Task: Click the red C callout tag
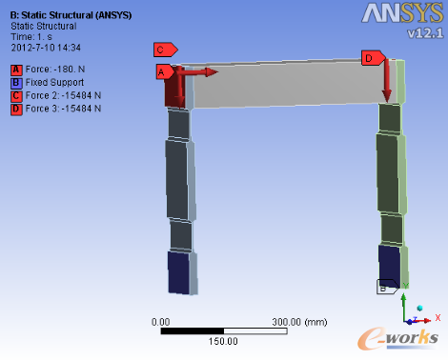tap(165, 50)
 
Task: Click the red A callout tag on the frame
tap(165, 72)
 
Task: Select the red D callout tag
tap(373, 58)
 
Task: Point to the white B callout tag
tap(387, 287)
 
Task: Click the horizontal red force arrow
tap(197, 72)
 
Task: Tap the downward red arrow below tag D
tap(387, 81)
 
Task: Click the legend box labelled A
tap(16, 70)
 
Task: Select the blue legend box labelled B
tap(16, 83)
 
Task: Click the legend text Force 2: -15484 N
tap(63, 95)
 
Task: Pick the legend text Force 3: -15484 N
tap(63, 109)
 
